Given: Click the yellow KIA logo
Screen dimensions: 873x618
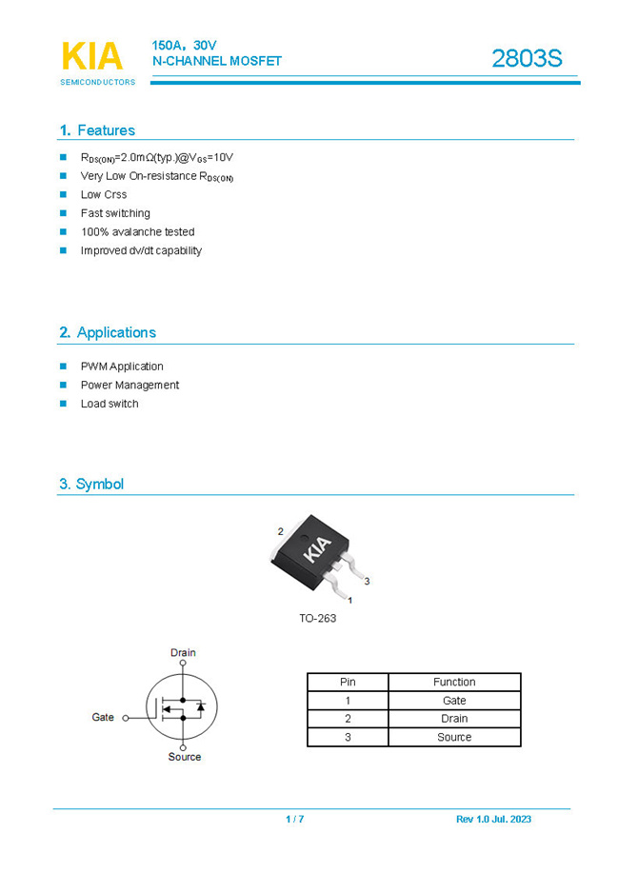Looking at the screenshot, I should (x=92, y=56).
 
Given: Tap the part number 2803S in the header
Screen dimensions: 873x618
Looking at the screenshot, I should (x=527, y=59).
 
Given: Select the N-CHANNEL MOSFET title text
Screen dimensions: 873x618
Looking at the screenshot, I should (x=217, y=61).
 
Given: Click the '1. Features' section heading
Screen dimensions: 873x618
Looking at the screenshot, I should (x=97, y=130).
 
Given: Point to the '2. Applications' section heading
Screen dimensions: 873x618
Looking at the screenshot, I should (x=108, y=332).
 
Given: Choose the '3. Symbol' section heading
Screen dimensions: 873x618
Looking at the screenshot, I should (x=91, y=484).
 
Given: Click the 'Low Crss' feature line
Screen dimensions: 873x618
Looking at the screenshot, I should (x=104, y=195).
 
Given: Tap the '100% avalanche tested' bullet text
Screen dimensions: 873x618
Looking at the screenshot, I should (x=137, y=232).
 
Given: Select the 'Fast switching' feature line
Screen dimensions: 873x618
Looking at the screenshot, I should (x=115, y=213).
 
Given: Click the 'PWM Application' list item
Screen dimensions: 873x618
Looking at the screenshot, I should (x=122, y=367).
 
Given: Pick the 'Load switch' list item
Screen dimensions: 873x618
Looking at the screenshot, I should (x=110, y=404).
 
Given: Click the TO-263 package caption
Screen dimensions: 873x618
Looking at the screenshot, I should (x=317, y=618).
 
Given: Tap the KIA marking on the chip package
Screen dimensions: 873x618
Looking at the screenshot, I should (x=317, y=549).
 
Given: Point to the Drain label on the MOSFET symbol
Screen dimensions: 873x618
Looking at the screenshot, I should (x=183, y=652).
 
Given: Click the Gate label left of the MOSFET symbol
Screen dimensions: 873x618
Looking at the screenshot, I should (x=103, y=717).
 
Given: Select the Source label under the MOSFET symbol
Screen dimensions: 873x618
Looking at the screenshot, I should (x=185, y=757).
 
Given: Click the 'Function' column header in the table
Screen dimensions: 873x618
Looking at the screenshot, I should (x=454, y=682).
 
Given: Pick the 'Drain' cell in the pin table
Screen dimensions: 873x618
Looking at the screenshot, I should (x=454, y=719).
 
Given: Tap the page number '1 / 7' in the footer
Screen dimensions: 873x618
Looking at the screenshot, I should (x=294, y=820).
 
